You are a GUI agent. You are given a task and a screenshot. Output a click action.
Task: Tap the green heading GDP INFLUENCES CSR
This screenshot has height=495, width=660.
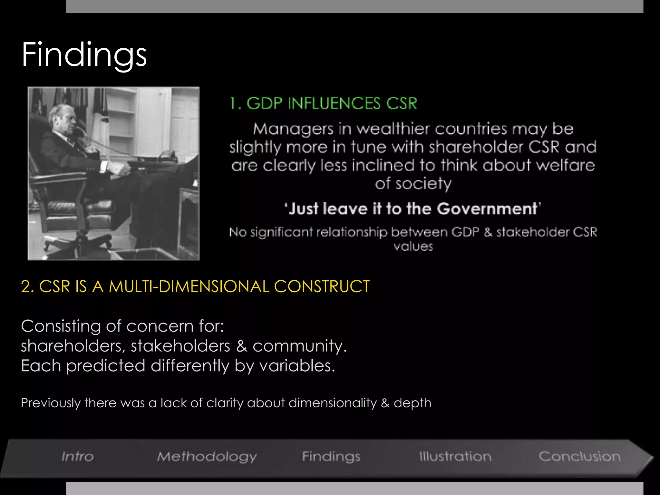pos(323,103)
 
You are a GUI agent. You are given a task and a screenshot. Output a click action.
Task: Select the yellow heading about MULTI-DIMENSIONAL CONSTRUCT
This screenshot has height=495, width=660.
pos(195,286)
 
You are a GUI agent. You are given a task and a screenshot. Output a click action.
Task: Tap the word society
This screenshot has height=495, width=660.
pos(423,184)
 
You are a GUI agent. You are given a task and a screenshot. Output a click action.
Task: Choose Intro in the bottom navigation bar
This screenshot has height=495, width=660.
pos(78,457)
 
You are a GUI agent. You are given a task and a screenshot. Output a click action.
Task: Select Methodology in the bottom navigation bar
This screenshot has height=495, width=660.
pos(207,457)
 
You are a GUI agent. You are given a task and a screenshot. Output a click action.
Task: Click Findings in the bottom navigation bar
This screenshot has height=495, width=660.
pos(331,457)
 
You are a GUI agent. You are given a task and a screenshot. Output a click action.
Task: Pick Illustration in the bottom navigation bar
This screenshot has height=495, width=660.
pos(455,457)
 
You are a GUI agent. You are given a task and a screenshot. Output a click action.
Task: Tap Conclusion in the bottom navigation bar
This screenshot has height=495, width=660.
pos(579,457)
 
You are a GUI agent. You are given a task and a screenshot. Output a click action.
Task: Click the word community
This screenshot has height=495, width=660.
pos(299,346)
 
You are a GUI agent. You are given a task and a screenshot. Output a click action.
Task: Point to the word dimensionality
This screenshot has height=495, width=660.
pos(333,403)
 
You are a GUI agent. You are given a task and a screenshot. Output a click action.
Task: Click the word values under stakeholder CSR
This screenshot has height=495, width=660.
pos(413,247)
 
